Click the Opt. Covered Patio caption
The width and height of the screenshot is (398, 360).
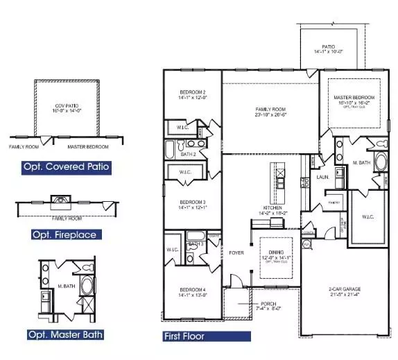tap(66, 167)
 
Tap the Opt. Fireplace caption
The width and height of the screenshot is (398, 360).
tap(64, 234)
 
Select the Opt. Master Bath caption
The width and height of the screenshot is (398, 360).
tap(67, 335)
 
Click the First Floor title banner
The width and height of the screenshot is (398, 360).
tap(184, 336)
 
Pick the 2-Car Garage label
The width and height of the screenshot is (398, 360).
tap(344, 289)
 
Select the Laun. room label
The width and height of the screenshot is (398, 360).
tap(322, 178)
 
